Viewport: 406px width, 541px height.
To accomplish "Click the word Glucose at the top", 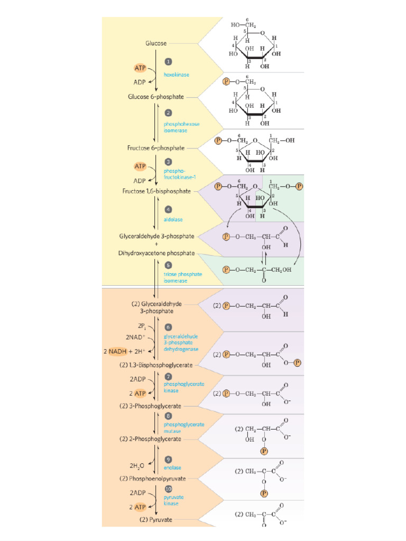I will click(x=156, y=43).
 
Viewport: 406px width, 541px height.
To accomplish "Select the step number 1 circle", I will click(x=168, y=62).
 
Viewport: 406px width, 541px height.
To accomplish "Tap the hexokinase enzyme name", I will click(x=177, y=74).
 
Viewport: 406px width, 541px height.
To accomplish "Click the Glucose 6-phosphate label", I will click(x=156, y=97).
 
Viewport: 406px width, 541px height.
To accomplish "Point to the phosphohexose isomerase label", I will click(x=181, y=127).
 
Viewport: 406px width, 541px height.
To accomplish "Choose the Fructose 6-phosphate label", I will click(x=156, y=148).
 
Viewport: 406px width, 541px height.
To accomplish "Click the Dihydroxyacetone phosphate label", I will click(x=156, y=253).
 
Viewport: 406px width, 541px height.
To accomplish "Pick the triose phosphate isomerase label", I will click(x=182, y=277).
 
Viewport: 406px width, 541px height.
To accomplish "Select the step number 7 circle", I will click(x=168, y=376).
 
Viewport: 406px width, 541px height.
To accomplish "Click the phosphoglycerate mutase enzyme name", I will click(x=183, y=427).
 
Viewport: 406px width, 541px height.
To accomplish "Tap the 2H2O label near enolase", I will click(x=137, y=465).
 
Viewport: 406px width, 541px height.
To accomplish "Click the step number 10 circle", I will click(x=169, y=489).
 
